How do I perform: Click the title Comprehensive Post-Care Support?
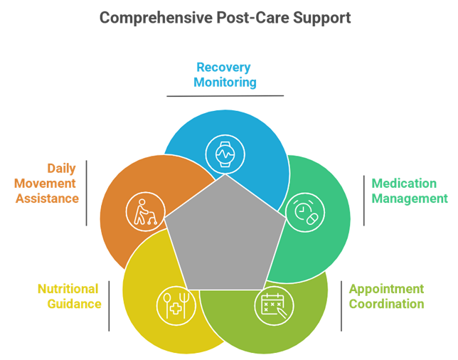225,18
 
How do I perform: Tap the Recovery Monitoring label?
225,75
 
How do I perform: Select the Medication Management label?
410,191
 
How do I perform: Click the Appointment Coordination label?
386,296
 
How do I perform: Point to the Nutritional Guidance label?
70,296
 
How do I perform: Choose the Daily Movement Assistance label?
46,184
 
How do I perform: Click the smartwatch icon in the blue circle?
225,154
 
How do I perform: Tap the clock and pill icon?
305,212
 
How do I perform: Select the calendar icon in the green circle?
274,305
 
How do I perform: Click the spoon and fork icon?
176,305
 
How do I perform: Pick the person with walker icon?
146,212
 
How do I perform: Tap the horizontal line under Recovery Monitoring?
225,96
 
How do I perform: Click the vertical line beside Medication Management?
364,201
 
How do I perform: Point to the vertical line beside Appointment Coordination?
341,306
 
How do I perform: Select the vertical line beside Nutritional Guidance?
110,306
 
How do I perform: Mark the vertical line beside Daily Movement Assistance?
87,193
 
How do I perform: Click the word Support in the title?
322,18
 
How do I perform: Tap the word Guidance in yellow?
75,304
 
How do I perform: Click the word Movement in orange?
45,184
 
